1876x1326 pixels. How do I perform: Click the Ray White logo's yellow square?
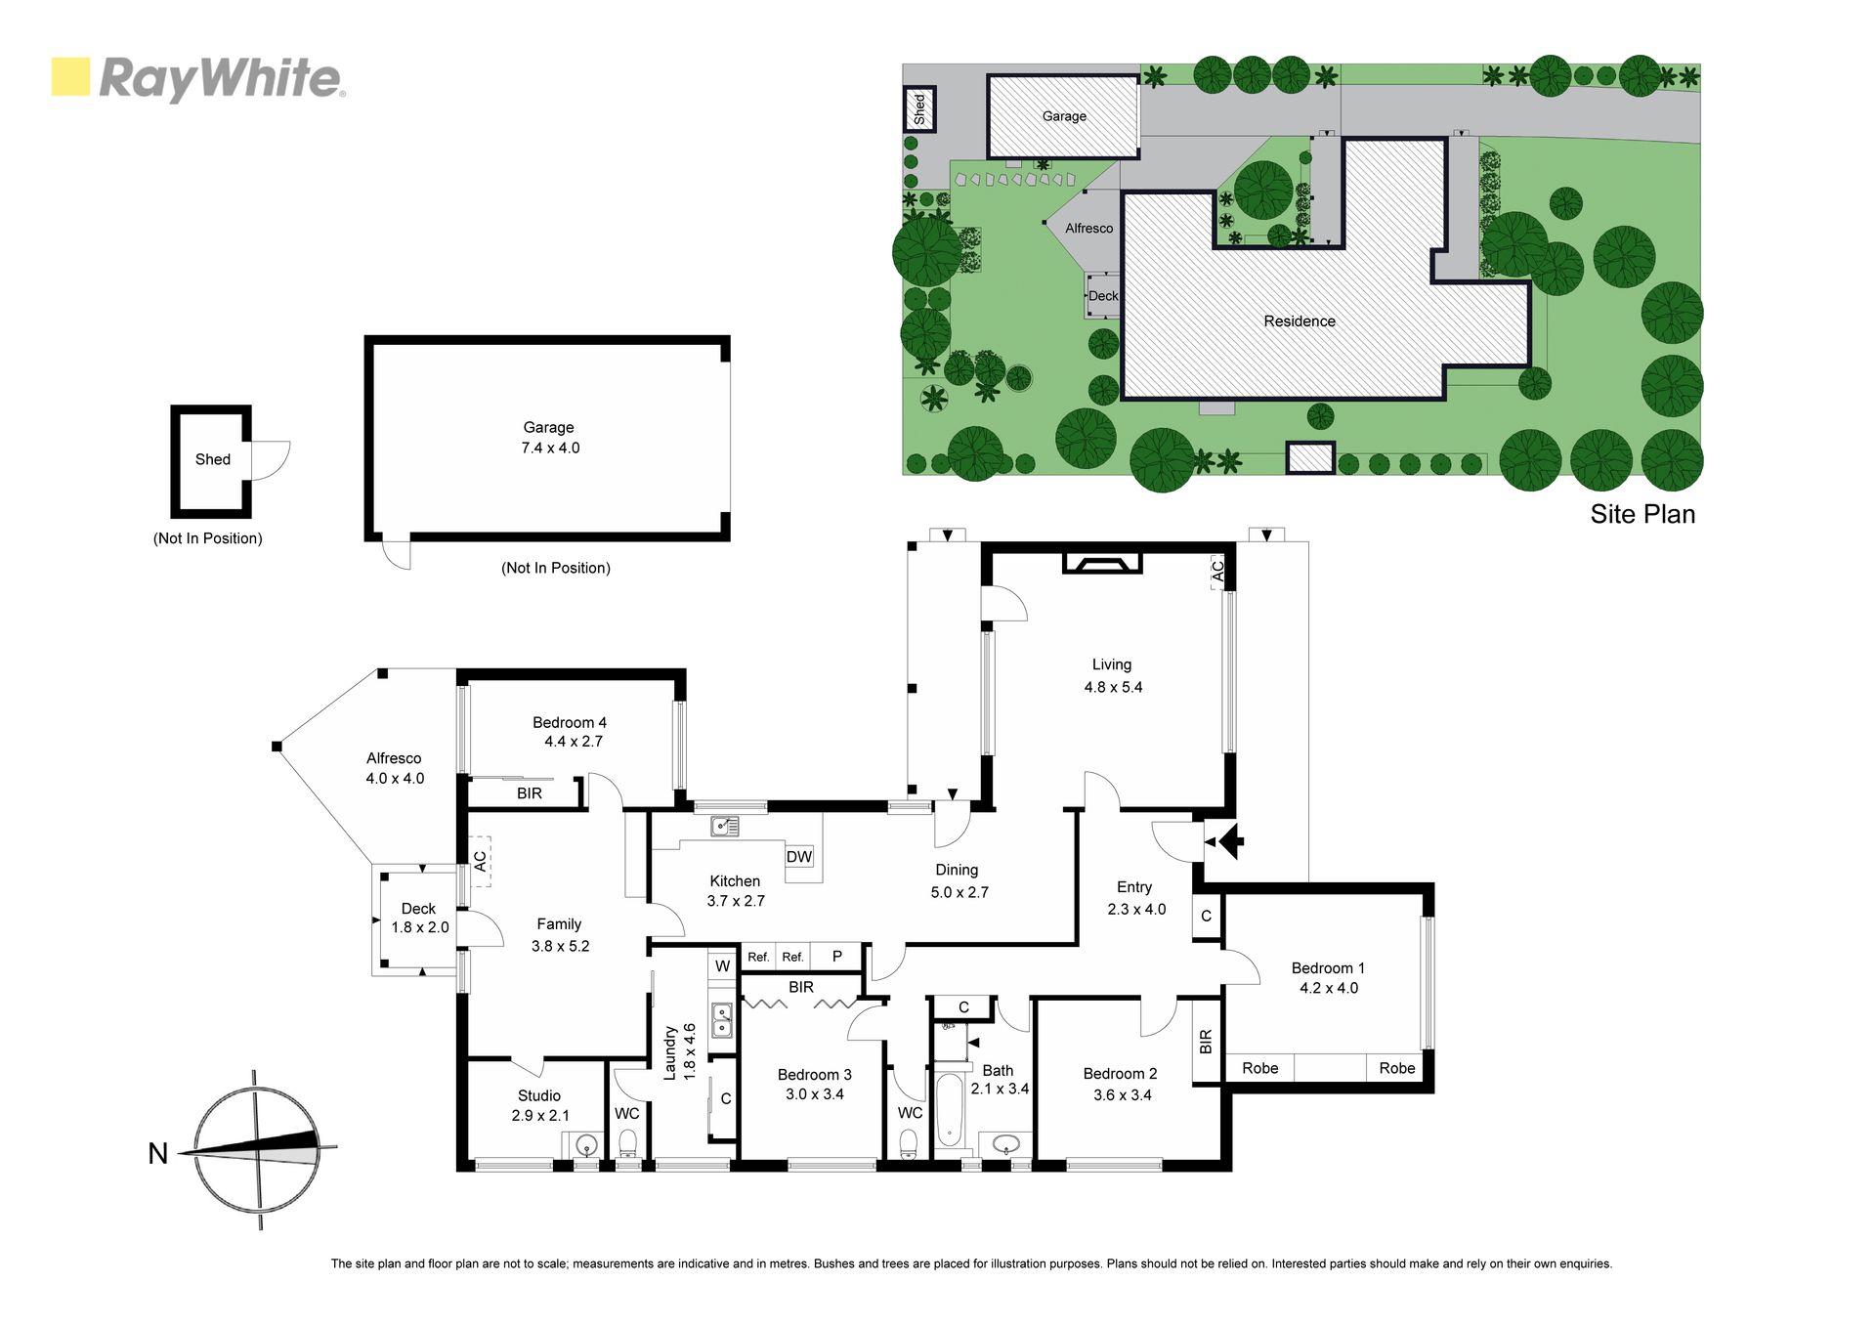(70, 77)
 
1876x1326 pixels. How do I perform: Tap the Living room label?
(1112, 664)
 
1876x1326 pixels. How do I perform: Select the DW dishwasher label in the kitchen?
(799, 857)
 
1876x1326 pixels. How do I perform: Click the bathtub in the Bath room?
(949, 1111)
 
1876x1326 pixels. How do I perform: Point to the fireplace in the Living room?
(1102, 563)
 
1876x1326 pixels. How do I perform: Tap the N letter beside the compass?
(157, 1154)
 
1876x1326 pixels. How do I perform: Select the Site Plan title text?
(1642, 515)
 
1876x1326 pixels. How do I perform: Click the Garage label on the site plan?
(1064, 116)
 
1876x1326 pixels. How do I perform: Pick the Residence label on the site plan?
(1300, 321)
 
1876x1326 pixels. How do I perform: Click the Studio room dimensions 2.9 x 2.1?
(540, 1116)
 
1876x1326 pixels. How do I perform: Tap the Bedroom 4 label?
(570, 723)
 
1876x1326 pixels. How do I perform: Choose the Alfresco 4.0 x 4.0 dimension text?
(395, 779)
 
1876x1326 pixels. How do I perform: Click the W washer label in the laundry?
(722, 966)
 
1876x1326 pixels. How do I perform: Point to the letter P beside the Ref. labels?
(837, 957)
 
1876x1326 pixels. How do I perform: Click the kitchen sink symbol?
(725, 827)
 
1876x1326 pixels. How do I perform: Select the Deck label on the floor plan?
(418, 909)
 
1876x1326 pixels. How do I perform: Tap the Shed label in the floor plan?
(213, 459)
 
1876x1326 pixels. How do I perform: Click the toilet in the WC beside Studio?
(628, 1142)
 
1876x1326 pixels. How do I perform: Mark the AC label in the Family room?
(480, 861)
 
